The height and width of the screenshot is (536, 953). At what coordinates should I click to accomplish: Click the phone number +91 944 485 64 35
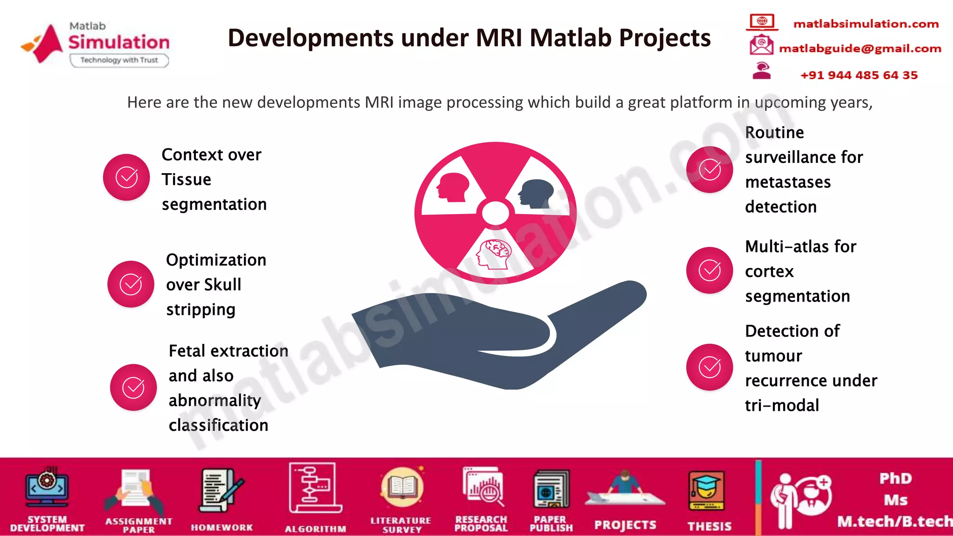click(859, 75)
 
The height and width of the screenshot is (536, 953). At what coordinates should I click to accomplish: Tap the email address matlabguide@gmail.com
click(860, 48)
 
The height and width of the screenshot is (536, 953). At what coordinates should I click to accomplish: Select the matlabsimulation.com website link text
click(866, 24)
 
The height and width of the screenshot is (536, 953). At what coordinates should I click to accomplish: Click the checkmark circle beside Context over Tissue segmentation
click(126, 177)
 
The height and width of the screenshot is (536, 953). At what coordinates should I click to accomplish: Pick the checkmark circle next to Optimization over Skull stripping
click(131, 284)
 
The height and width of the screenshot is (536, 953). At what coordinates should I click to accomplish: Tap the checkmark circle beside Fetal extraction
click(133, 388)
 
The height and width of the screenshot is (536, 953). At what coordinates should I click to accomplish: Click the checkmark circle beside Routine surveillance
click(710, 169)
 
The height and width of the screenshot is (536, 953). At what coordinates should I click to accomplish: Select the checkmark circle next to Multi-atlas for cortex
click(710, 270)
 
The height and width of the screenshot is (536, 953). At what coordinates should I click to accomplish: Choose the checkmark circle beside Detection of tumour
click(710, 367)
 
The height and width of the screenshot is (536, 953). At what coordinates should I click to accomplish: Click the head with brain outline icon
click(494, 254)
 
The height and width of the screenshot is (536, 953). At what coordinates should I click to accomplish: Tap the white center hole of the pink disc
click(495, 213)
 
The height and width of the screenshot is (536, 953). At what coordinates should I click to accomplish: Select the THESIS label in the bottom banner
click(709, 526)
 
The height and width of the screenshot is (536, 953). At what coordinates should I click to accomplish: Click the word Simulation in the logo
click(119, 42)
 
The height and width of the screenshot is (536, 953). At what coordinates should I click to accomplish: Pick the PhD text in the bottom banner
click(895, 478)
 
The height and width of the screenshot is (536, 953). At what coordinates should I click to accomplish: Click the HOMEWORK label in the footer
click(222, 527)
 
